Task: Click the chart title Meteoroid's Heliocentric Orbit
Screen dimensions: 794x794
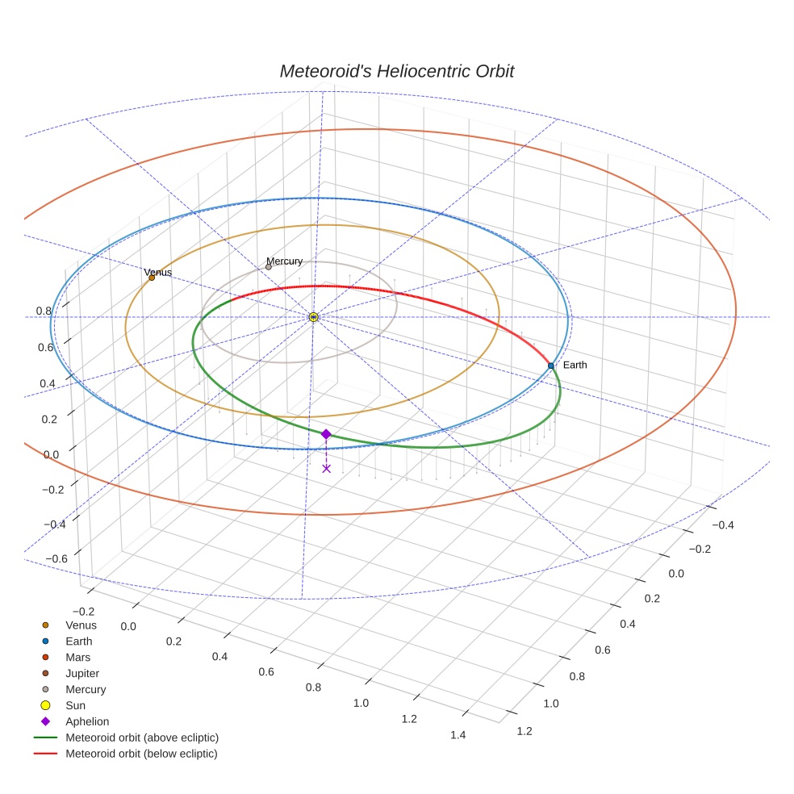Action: click(396, 71)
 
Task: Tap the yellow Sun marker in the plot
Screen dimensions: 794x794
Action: click(313, 317)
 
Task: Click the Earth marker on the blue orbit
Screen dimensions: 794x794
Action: click(551, 366)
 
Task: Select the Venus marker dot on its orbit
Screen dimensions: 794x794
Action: click(152, 278)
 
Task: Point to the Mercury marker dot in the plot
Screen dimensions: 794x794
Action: click(269, 266)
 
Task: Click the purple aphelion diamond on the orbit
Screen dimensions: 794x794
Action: click(326, 434)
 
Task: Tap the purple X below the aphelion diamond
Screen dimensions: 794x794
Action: click(326, 468)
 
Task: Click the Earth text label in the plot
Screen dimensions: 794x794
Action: click(575, 366)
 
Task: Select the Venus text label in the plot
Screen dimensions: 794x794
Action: click(158, 273)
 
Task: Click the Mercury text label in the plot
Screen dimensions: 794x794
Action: click(285, 261)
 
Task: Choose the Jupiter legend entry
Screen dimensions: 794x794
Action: click(82, 673)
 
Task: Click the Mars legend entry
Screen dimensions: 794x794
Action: click(77, 657)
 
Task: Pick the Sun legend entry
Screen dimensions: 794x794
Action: click(75, 705)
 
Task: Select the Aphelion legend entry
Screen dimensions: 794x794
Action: click(87, 721)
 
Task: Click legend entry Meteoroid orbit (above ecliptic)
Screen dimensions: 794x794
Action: click(142, 738)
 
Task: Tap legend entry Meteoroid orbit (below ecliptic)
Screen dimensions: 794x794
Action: click(141, 754)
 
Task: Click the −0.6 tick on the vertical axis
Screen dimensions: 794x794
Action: click(56, 558)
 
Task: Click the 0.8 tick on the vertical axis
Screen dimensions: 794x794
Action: click(44, 311)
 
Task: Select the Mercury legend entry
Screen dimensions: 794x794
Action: click(86, 689)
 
